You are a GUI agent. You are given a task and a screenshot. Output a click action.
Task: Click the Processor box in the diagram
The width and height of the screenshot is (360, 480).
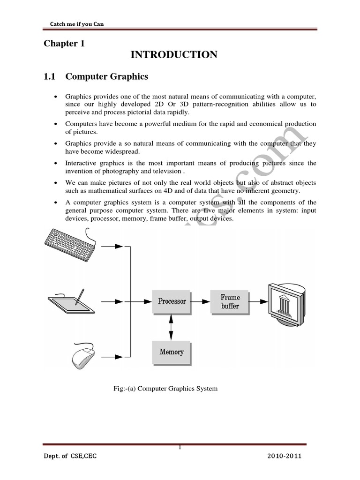(x=172, y=301)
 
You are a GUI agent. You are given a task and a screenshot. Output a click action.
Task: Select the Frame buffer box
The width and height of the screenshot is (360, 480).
(x=230, y=301)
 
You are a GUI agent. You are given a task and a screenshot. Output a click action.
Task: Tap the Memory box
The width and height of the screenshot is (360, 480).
(x=172, y=352)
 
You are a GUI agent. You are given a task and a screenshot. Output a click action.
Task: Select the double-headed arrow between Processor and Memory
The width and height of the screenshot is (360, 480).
(x=172, y=326)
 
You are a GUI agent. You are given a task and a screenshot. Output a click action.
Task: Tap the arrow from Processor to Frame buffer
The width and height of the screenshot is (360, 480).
(x=200, y=302)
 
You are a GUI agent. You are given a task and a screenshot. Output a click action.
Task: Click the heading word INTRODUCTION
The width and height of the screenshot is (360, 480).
(x=173, y=55)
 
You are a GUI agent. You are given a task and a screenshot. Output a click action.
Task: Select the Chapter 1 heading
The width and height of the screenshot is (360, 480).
(x=60, y=44)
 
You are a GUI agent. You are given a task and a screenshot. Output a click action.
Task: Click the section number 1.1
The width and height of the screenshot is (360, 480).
(x=50, y=76)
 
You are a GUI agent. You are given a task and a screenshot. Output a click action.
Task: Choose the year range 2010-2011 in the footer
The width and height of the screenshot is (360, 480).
(x=285, y=456)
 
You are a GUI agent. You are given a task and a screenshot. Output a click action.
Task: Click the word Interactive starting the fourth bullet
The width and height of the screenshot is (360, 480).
(x=81, y=163)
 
